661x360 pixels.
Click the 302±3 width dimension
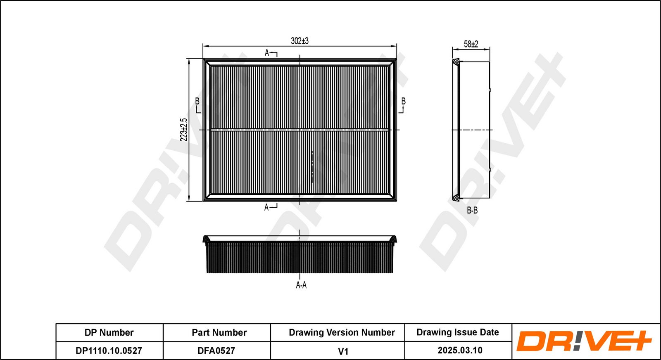[300, 41]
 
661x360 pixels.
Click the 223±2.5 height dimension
[184, 130]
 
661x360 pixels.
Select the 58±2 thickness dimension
[471, 44]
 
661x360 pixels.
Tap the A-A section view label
[301, 285]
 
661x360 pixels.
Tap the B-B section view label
[472, 210]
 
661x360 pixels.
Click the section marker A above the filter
[267, 53]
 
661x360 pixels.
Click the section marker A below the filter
[266, 207]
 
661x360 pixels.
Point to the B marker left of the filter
[197, 102]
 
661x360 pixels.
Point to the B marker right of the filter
[403, 102]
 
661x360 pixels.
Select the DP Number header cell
[109, 333]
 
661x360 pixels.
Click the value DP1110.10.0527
[109, 351]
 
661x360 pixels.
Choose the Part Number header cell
[219, 333]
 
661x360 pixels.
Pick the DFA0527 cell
[216, 351]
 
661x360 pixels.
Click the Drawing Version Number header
[342, 333]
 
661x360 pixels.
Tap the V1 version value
[343, 351]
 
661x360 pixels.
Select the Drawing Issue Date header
[457, 332]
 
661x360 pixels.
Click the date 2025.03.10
[460, 351]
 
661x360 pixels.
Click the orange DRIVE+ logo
[584, 341]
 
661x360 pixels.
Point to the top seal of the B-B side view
[456, 62]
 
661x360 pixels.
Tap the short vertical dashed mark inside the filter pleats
[312, 167]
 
